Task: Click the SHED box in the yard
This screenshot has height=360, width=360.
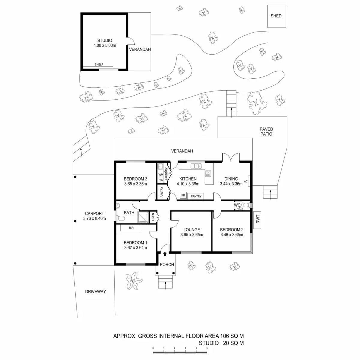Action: pos(276,16)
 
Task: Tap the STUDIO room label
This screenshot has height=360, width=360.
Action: pos(105,40)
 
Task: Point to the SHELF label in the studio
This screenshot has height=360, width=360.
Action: pos(99,64)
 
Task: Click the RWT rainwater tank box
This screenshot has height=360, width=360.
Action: pos(258,220)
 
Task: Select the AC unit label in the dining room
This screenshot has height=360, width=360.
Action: pos(246,181)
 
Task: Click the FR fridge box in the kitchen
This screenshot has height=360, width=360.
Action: pos(183,196)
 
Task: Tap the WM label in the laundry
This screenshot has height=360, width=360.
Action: pos(160,174)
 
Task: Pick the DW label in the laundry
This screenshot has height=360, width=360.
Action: pos(160,180)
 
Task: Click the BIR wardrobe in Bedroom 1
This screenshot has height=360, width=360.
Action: pos(131,228)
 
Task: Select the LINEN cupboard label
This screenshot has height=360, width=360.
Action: pos(153,217)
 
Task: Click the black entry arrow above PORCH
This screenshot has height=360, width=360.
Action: pos(165,254)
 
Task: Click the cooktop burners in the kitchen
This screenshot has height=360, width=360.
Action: pos(208,173)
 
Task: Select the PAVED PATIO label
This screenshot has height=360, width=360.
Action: pos(266,132)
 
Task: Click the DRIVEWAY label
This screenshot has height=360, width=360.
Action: pos(95,291)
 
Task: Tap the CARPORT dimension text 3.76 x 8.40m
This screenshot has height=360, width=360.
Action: pos(94,218)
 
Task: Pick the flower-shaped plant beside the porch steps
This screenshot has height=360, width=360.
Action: pos(132,281)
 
